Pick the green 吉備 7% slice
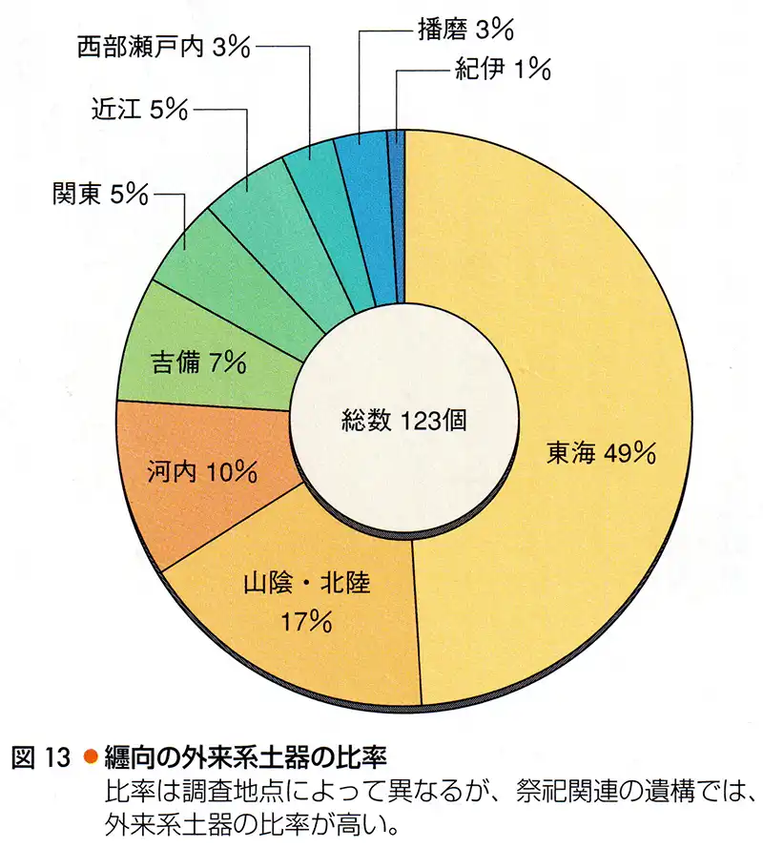(200, 362)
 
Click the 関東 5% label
(100, 195)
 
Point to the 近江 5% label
(140, 111)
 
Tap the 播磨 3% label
(465, 29)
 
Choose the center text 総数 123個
(404, 421)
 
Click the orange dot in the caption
(91, 759)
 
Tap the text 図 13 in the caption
(40, 759)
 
